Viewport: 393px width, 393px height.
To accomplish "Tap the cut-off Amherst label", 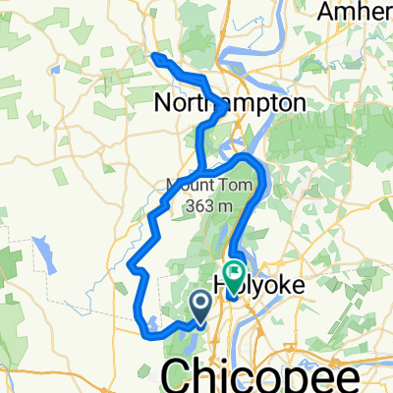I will point(356,13).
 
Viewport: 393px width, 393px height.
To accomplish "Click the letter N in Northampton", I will point(164,103).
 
